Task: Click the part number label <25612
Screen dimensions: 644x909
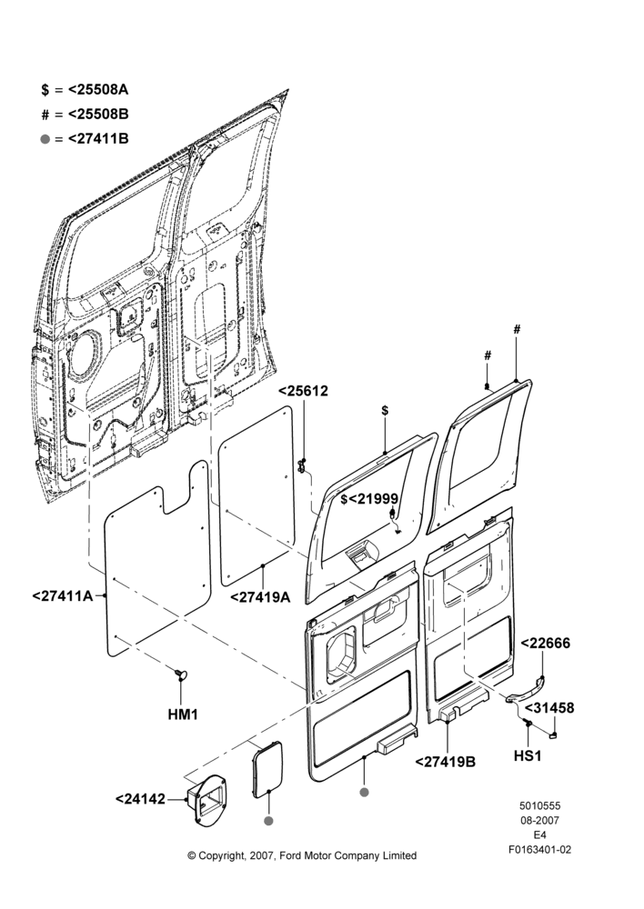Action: point(304,391)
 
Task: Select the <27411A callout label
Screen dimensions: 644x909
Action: point(63,595)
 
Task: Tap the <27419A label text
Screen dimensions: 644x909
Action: point(260,597)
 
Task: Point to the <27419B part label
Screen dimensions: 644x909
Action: point(446,761)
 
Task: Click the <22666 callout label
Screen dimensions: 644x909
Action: point(546,643)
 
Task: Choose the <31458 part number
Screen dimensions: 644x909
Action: point(549,708)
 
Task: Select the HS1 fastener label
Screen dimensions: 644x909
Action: point(528,756)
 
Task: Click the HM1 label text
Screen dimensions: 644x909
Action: point(183,714)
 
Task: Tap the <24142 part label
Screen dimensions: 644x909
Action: point(140,799)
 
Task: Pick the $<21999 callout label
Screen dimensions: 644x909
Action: point(369,498)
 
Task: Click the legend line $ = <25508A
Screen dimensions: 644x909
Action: point(85,90)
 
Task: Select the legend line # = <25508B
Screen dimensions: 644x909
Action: point(85,115)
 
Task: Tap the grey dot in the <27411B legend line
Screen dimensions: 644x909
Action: point(45,140)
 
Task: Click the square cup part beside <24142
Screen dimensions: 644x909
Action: point(206,799)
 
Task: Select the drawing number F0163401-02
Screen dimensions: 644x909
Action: point(539,850)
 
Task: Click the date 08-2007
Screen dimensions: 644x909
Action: point(539,820)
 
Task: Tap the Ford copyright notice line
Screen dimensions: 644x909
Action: point(302,855)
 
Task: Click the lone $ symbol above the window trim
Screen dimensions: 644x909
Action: point(386,411)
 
